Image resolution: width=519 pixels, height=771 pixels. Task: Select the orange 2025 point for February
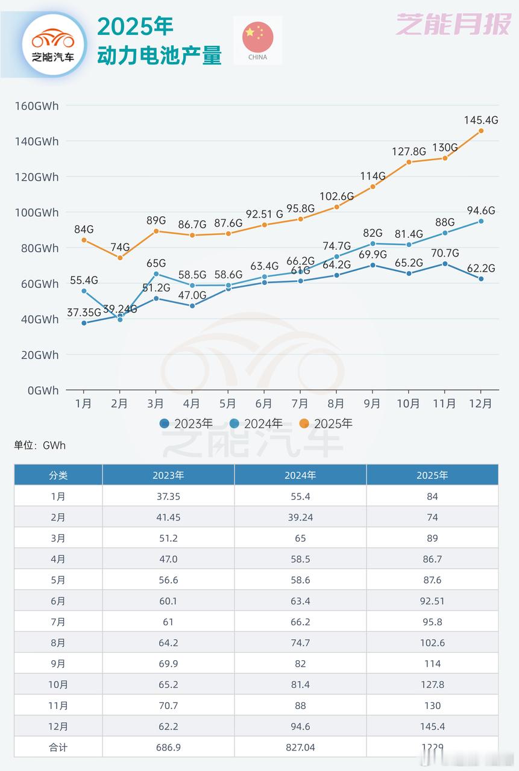pyautogui.click(x=120, y=258)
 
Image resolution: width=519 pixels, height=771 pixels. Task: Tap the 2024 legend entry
pyautogui.click(x=256, y=423)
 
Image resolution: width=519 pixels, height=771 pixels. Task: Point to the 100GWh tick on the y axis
pyautogui.click(x=37, y=213)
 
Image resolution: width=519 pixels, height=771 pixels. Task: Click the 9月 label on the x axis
pyautogui.click(x=372, y=404)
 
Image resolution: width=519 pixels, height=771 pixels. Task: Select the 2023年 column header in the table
pyautogui.click(x=168, y=475)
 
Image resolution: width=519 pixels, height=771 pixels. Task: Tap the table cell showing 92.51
pyautogui.click(x=432, y=601)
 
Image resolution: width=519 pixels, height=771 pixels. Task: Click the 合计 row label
pyautogui.click(x=58, y=747)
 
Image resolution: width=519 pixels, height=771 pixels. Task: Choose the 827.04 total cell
pyautogui.click(x=300, y=747)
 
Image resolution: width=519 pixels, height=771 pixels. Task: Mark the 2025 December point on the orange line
pyautogui.click(x=480, y=131)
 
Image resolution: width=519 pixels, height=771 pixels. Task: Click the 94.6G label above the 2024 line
pyautogui.click(x=480, y=211)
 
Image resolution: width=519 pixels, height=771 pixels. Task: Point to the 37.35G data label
pyautogui.click(x=83, y=311)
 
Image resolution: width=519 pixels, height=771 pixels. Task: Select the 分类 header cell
pyautogui.click(x=58, y=475)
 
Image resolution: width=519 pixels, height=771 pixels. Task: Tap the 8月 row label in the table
pyautogui.click(x=58, y=643)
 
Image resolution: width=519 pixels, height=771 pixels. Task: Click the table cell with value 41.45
pyautogui.click(x=168, y=517)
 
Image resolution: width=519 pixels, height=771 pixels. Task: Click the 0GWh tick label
pyautogui.click(x=43, y=390)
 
